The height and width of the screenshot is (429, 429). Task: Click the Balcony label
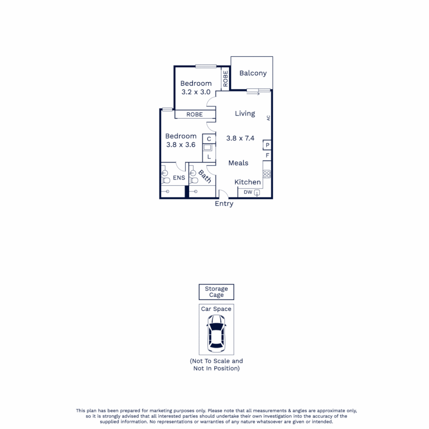(x=253, y=73)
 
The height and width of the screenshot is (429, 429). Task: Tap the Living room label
(x=245, y=114)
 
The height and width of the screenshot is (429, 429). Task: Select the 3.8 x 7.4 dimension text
(x=240, y=138)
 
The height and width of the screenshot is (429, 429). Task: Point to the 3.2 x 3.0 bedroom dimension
(x=196, y=92)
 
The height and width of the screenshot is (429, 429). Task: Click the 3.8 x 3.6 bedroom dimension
(x=181, y=145)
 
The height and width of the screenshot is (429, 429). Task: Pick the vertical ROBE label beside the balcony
(x=226, y=79)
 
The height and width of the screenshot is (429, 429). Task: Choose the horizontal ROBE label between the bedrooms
(x=195, y=114)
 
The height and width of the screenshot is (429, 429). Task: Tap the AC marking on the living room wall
(x=269, y=118)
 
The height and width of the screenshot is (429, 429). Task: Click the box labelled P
(x=268, y=145)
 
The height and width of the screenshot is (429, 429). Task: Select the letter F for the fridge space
(x=268, y=155)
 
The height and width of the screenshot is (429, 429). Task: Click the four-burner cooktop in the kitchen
(x=267, y=174)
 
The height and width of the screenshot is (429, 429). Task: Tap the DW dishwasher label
(x=247, y=193)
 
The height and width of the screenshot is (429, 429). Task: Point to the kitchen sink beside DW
(x=257, y=193)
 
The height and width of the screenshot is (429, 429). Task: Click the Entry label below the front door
(x=224, y=204)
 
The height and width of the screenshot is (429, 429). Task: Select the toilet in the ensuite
(x=166, y=180)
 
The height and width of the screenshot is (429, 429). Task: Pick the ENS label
(x=179, y=178)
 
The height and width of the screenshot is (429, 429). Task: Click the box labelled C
(x=209, y=139)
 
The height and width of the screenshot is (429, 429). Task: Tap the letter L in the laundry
(x=209, y=157)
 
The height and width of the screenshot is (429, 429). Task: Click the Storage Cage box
(x=216, y=292)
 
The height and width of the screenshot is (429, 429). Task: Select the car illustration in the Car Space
(x=216, y=334)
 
